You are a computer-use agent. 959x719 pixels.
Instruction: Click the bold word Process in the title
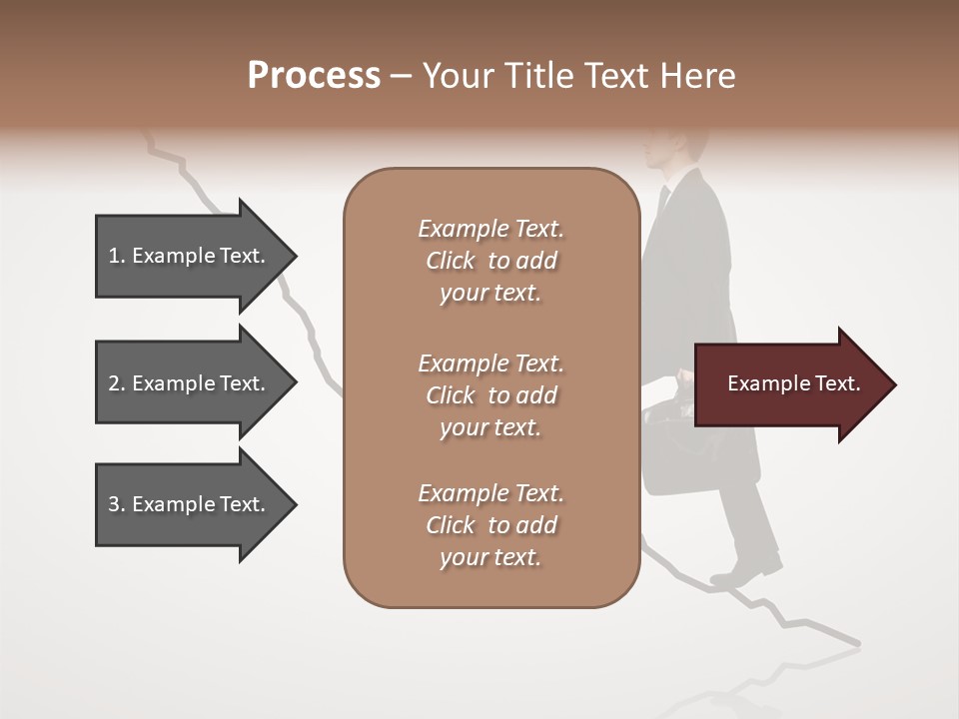314,76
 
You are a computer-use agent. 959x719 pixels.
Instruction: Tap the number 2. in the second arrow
116,383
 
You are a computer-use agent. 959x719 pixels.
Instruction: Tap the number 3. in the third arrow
116,504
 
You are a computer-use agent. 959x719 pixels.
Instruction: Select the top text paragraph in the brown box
490,261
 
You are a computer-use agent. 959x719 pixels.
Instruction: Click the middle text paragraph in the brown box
490,395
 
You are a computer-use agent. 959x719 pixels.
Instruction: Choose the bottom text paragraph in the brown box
490,525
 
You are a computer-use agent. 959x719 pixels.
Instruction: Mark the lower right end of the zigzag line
856,642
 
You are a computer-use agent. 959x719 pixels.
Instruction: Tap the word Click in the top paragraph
450,261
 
